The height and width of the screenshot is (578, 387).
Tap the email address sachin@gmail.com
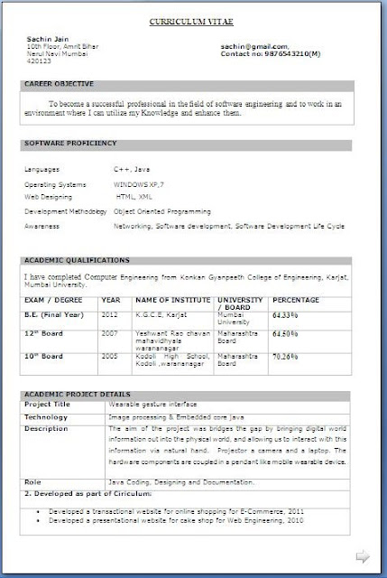pyautogui.click(x=255, y=43)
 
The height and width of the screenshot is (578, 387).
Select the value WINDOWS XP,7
pyautogui.click(x=140, y=183)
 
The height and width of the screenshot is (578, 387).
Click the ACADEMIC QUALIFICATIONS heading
pyautogui.click(x=71, y=259)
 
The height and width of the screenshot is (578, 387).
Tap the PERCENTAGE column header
pyautogui.click(x=295, y=299)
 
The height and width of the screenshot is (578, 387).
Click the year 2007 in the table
pyautogui.click(x=110, y=333)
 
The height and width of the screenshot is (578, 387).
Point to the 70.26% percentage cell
pyautogui.click(x=285, y=358)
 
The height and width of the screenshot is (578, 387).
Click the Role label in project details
pyautogui.click(x=32, y=483)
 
